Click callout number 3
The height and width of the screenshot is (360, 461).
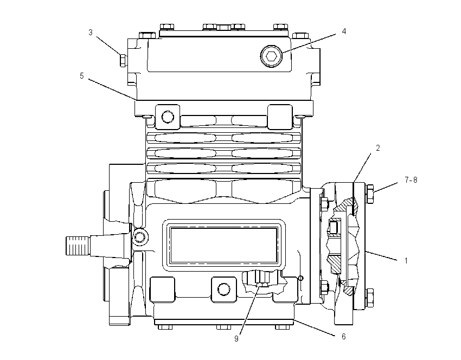[x=91, y=33]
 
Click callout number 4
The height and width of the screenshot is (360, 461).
[x=344, y=31]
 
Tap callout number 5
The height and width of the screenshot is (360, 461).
[x=82, y=76]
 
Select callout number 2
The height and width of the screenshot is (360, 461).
[x=378, y=148]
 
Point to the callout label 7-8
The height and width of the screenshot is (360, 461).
[x=411, y=180]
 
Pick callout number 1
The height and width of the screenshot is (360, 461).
[x=406, y=261]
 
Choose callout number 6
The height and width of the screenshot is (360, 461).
[x=343, y=337]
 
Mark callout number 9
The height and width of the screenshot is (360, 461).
[x=236, y=339]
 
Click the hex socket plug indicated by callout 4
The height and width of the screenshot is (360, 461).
[x=271, y=55]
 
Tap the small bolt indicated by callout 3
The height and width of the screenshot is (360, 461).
[x=124, y=60]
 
